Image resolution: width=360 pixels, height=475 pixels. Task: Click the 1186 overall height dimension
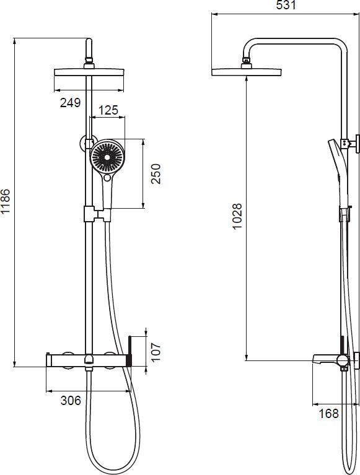(x=6, y=201)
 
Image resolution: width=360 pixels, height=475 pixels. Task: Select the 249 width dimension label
(x=70, y=103)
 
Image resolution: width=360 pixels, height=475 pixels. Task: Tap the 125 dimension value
(x=108, y=110)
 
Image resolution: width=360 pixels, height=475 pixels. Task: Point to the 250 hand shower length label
(x=156, y=174)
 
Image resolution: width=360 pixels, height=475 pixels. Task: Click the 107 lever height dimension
(x=155, y=352)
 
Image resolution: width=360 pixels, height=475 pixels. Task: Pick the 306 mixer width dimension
(x=71, y=401)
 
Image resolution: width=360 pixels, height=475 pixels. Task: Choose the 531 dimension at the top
(x=286, y=5)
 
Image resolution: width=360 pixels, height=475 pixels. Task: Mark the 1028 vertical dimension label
(x=237, y=216)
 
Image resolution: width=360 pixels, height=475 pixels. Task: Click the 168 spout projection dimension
(x=328, y=413)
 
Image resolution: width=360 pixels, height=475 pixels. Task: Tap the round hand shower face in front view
(x=107, y=157)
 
